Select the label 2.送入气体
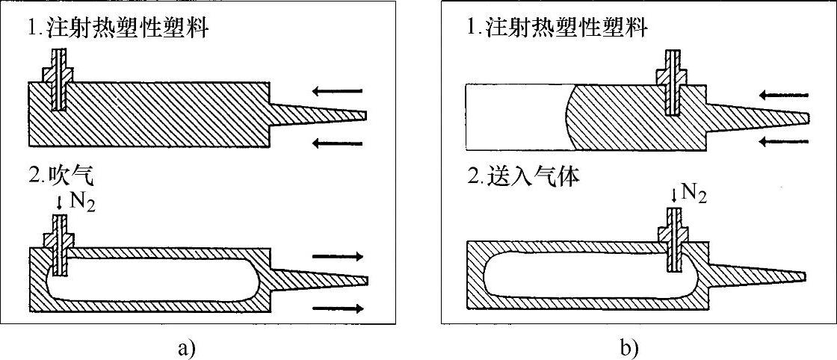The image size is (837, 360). coord(523,178)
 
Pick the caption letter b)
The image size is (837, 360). coord(628,347)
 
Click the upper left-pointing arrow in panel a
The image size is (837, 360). coord(337,91)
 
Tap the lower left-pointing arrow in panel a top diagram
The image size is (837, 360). coord(337,143)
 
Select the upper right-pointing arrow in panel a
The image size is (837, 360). coord(339,256)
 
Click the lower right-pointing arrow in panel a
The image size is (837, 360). coord(339,307)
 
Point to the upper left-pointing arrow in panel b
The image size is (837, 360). coord(783,95)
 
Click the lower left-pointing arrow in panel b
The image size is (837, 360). coord(783,140)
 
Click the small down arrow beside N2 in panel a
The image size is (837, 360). coord(60,202)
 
